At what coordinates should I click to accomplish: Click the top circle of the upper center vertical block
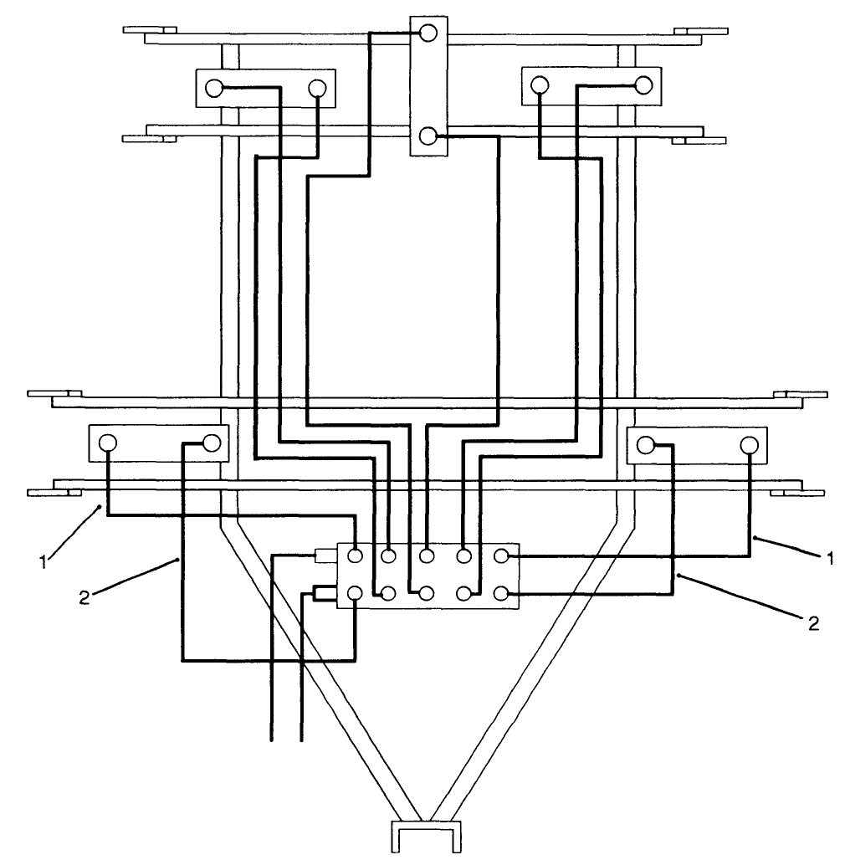428,34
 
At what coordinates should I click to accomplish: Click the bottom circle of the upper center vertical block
428,136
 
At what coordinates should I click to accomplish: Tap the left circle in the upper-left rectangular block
214,87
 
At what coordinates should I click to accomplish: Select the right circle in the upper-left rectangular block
317,87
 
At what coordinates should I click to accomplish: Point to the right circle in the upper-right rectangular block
643,85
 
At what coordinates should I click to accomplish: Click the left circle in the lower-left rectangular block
108,443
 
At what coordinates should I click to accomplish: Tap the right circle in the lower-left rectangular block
211,443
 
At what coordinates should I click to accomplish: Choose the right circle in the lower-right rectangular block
749,443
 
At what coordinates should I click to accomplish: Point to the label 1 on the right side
830,558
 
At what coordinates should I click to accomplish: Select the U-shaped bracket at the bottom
427,837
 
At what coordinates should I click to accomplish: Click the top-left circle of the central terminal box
356,555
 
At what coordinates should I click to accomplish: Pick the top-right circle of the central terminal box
500,555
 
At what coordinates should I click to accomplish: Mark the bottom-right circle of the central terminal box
500,594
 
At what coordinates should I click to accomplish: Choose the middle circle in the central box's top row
427,555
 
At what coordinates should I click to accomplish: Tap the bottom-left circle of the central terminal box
356,594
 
